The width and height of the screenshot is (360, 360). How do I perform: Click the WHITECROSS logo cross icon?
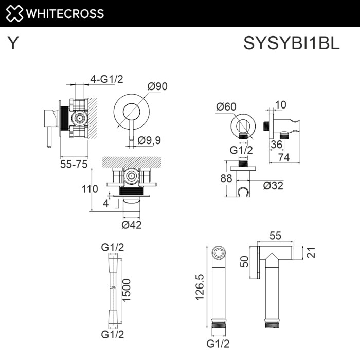[x=14, y=13]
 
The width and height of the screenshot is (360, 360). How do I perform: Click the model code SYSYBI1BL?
[x=291, y=44]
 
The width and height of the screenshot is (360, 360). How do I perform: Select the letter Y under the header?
[x=13, y=44]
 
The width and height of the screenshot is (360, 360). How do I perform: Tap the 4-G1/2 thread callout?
[x=106, y=79]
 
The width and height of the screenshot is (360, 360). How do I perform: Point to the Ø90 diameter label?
[x=158, y=86]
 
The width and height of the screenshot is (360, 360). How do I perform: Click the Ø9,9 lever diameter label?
[x=150, y=139]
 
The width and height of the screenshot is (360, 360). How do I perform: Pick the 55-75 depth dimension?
[x=74, y=164]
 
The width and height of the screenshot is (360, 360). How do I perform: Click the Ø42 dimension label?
[x=132, y=224]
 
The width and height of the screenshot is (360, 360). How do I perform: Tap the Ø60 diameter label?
[x=226, y=106]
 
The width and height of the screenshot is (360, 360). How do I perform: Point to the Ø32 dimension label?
[x=273, y=186]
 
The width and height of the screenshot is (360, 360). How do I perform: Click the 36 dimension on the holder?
[x=277, y=145]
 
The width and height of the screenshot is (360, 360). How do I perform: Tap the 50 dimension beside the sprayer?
[x=245, y=262]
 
